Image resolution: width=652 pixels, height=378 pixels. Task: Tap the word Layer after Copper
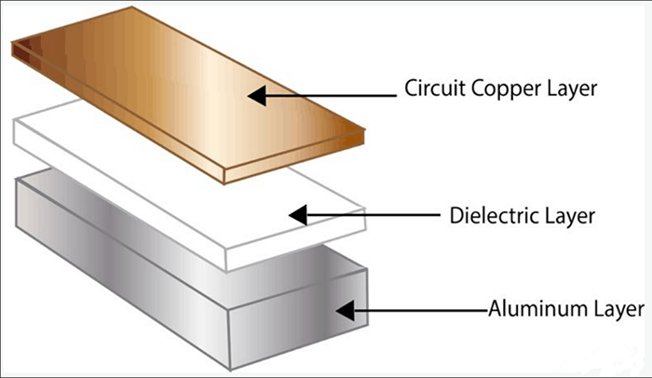click(569, 91)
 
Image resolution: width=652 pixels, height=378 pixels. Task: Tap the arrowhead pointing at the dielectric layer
click(298, 215)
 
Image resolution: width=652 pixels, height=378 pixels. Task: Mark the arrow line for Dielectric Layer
click(373, 215)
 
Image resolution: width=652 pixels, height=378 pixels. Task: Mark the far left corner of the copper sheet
click(12, 48)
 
